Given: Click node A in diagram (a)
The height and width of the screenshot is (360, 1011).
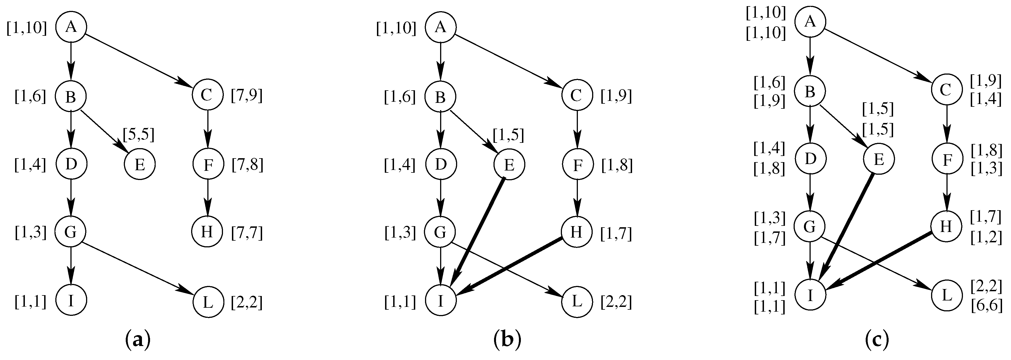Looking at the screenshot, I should pyautogui.click(x=71, y=27).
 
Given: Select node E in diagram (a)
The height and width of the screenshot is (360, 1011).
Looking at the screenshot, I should pyautogui.click(x=140, y=165).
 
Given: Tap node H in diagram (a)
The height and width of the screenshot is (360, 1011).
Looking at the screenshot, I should pyautogui.click(x=208, y=233).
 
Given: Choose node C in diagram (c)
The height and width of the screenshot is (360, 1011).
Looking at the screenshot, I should pyautogui.click(x=946, y=90).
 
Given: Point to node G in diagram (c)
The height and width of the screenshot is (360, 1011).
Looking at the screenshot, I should pyautogui.click(x=810, y=226).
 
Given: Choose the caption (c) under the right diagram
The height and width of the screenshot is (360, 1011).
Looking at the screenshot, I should pyautogui.click(x=877, y=340).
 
